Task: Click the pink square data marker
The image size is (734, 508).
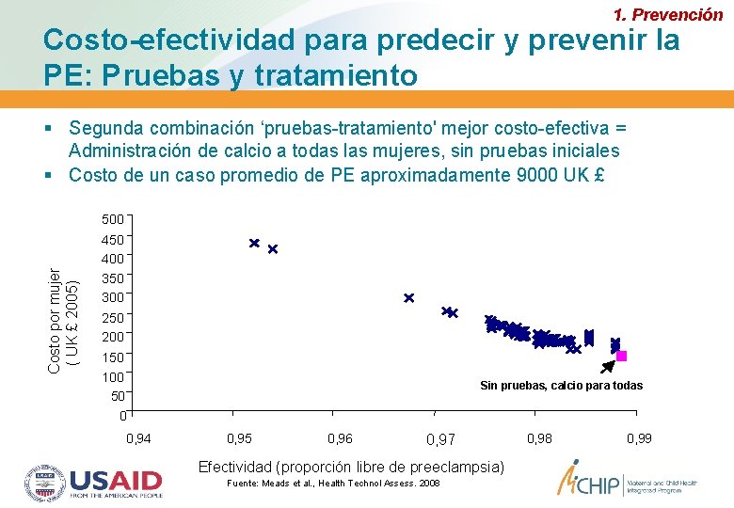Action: coord(621,357)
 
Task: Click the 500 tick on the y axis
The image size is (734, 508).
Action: coord(112,219)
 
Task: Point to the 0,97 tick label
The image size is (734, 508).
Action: coord(439,439)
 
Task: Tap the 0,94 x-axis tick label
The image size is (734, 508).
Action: coord(138,438)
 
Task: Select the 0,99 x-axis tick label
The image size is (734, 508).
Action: coord(640,438)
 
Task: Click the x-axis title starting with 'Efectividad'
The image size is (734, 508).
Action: coord(351,467)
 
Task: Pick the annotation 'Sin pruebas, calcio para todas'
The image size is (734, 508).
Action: coord(561,386)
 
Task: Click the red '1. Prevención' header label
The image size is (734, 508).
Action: coord(667,15)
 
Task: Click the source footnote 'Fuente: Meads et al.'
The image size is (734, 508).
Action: coord(333,484)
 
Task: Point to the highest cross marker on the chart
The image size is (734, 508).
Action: coord(254,243)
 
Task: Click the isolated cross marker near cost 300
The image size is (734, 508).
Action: coord(408,298)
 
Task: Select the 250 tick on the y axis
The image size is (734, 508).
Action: coord(112,318)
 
